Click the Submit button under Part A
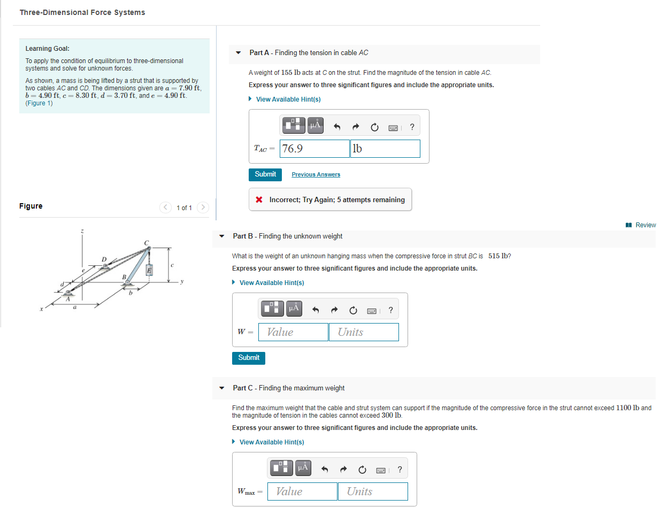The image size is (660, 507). point(265,174)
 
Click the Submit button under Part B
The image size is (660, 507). point(249,358)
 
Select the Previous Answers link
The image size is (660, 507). point(316,175)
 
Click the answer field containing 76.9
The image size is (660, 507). point(315,149)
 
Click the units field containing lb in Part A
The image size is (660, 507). point(385,149)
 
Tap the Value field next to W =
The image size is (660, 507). point(293,332)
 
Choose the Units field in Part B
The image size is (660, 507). point(364,332)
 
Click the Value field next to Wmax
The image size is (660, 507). point(302,491)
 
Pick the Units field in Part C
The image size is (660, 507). point(373,491)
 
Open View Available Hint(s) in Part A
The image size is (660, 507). point(288,99)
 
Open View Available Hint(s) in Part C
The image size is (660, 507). point(271,442)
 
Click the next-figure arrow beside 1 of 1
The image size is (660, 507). point(203,208)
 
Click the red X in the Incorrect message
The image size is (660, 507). point(259,200)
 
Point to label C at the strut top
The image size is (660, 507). point(145,242)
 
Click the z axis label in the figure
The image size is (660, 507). point(82,231)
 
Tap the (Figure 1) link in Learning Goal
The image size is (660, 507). point(39,103)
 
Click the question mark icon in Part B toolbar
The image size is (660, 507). point(391,310)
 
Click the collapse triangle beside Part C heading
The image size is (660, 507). point(222,388)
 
